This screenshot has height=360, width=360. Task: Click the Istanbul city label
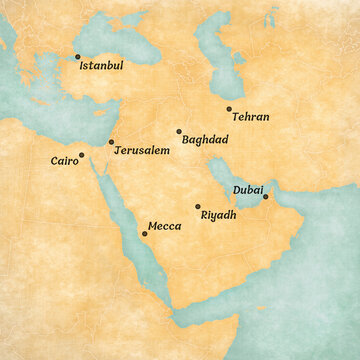pos(101,65)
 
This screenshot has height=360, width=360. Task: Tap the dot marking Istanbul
pos(77,57)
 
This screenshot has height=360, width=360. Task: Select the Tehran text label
pos(249,117)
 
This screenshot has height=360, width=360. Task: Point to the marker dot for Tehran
pos(229,108)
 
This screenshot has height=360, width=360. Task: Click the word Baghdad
pos(205,139)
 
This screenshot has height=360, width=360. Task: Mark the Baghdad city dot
pos(179,131)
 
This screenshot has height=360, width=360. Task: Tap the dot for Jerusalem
pos(111,142)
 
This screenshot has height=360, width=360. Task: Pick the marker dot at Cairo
pos(81,155)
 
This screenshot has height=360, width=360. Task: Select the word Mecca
pos(164,227)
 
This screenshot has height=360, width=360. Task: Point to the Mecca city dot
pos(144,233)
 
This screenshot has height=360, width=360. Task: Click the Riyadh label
pos(218,215)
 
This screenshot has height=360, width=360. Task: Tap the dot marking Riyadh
pos(197,206)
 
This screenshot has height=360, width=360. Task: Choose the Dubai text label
pos(248,188)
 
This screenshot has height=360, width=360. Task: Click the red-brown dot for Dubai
pos(265,196)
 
